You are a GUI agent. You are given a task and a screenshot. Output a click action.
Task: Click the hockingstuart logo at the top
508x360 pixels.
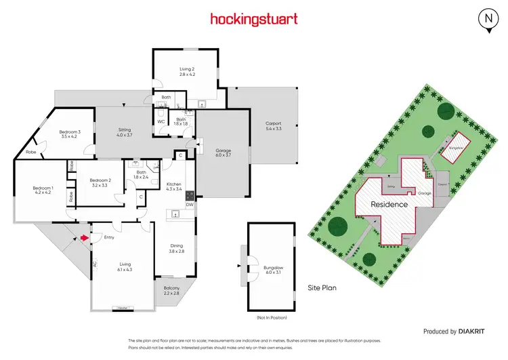[253, 19]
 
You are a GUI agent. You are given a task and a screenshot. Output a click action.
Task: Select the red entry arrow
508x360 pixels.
[84, 237]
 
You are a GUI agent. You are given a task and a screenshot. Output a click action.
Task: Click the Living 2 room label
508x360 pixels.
[187, 71]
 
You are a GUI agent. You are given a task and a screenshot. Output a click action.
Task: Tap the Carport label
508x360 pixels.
[273, 125]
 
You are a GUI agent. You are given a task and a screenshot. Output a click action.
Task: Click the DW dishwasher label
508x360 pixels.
[190, 204]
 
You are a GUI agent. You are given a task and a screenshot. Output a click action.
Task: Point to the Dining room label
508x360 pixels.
[176, 249]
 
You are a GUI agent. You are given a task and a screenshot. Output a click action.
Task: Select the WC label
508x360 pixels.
[161, 122]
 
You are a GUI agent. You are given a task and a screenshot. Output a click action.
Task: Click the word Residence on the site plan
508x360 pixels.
[389, 204]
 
